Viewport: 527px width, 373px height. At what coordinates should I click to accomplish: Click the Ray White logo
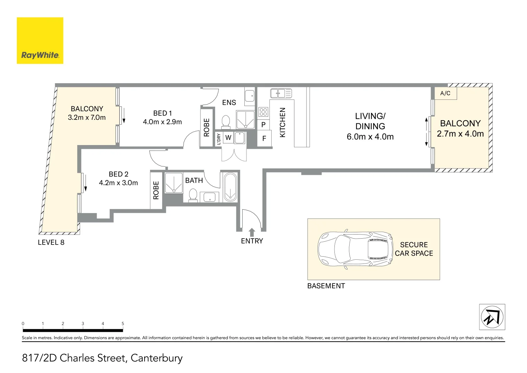(40, 41)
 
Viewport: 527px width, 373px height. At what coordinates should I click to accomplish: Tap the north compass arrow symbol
(492, 317)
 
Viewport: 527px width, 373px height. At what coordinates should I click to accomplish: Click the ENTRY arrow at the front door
(252, 232)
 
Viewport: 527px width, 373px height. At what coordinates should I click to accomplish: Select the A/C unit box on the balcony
(445, 93)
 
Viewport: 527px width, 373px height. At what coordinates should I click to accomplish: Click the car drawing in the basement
(355, 249)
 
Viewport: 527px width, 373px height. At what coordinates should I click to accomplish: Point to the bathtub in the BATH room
(230, 187)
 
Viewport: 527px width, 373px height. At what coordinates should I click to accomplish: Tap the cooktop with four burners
(263, 112)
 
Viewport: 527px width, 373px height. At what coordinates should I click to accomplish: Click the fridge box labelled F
(264, 138)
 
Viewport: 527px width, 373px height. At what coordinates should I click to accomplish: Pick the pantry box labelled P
(263, 125)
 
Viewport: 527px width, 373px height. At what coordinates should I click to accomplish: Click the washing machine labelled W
(228, 138)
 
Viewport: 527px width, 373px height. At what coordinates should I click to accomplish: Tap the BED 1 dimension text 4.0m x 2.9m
(162, 122)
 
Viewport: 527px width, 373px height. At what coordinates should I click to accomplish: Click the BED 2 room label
(118, 174)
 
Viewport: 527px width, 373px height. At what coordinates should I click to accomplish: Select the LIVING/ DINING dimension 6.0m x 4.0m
(370, 137)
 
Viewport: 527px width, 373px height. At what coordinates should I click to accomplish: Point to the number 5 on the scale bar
(123, 324)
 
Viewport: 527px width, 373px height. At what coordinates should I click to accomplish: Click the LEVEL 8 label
(51, 242)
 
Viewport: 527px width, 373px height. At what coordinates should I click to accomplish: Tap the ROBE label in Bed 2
(156, 190)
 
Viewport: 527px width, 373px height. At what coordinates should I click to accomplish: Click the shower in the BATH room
(173, 183)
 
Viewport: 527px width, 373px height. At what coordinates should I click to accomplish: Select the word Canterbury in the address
(157, 358)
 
